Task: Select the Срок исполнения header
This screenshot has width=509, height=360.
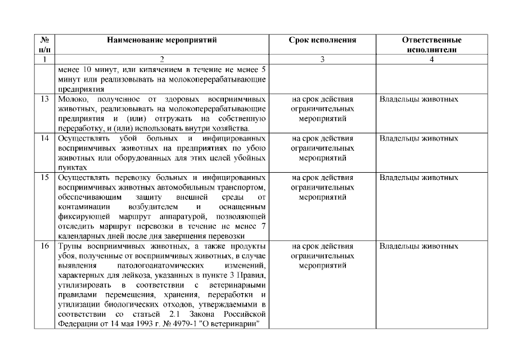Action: coord(323,40)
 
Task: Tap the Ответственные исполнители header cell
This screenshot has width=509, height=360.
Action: coord(431,45)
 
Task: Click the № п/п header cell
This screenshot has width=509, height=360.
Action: coord(45,45)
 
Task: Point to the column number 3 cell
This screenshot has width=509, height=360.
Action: coord(323,60)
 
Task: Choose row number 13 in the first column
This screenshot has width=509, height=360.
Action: coord(45,100)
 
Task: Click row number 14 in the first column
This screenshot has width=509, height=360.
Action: coord(45,139)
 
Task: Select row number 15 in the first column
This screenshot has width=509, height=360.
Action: coord(45,178)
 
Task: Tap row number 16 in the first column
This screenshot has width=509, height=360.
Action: coord(45,247)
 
